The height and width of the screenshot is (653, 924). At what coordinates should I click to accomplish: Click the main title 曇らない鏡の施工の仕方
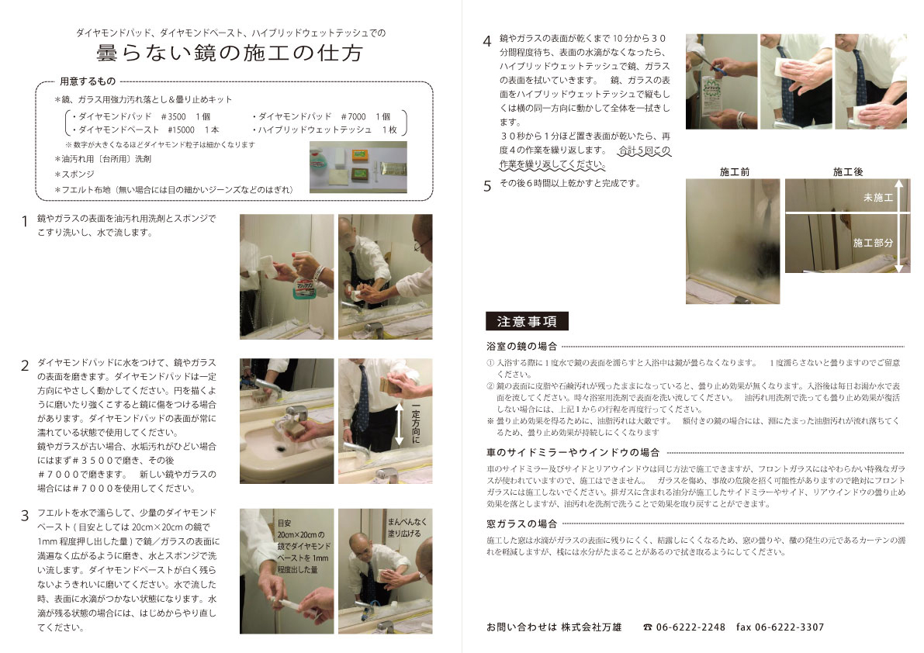tap(229, 53)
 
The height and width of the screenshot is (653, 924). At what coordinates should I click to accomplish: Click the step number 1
tap(24, 221)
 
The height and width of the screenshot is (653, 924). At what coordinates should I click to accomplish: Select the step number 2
tap(25, 365)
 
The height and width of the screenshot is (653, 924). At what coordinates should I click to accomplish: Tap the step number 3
tap(25, 516)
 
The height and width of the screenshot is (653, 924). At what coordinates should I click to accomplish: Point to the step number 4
tap(486, 41)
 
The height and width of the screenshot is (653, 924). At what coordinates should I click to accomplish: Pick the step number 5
tap(487, 187)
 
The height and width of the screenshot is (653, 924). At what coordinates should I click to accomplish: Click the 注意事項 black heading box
tap(527, 321)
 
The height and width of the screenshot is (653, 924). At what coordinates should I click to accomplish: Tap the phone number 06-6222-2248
tap(690, 627)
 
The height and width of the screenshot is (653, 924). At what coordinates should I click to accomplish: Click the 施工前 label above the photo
tap(734, 172)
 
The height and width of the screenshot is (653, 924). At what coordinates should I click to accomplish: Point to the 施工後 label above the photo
tap(847, 172)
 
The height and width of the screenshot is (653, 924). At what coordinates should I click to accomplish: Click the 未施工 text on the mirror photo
tap(878, 198)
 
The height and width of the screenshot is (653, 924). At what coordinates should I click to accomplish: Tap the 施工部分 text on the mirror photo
tap(873, 243)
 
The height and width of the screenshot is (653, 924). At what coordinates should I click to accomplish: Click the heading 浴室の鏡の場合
tap(521, 346)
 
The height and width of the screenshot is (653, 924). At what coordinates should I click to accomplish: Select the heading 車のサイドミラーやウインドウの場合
tap(573, 452)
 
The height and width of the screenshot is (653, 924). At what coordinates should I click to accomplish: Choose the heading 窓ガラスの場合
tap(521, 523)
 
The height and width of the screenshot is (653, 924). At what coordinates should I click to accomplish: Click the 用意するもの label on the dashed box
tap(88, 81)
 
